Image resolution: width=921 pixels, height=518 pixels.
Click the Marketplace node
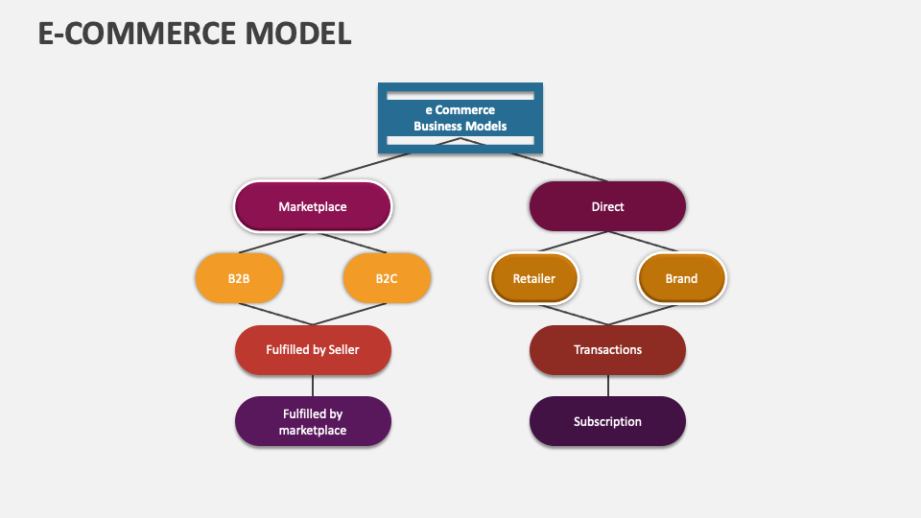pyautogui.click(x=313, y=206)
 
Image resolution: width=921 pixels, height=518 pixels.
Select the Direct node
pyautogui.click(x=607, y=206)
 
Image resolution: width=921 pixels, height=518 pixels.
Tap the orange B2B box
pyautogui.click(x=239, y=278)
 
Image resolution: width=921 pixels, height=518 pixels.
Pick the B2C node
pyautogui.click(x=387, y=278)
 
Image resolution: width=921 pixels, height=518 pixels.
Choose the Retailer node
pyautogui.click(x=534, y=278)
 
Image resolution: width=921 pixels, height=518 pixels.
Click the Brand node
pyautogui.click(x=681, y=278)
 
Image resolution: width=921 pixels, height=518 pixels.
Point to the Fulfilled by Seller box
pyautogui.click(x=313, y=349)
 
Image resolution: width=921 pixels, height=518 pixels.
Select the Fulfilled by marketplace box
pyautogui.click(x=313, y=421)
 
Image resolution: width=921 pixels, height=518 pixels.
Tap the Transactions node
pyautogui.click(x=607, y=349)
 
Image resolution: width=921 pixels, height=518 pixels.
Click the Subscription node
pyautogui.click(x=607, y=421)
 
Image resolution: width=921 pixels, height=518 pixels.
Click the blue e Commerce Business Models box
pyautogui.click(x=460, y=117)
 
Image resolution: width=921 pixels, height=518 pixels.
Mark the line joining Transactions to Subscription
pyautogui.click(x=607, y=385)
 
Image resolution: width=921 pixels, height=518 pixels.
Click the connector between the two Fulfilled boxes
pyautogui.click(x=313, y=385)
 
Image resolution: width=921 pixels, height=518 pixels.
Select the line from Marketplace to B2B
pyautogui.click(x=276, y=243)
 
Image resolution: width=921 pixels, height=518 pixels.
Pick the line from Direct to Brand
pyautogui.click(x=644, y=243)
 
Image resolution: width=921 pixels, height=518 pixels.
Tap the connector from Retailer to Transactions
pyautogui.click(x=571, y=314)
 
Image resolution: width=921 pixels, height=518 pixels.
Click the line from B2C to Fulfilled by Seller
pyautogui.click(x=349, y=314)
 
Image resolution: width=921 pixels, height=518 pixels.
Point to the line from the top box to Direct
pyautogui.click(x=533, y=159)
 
